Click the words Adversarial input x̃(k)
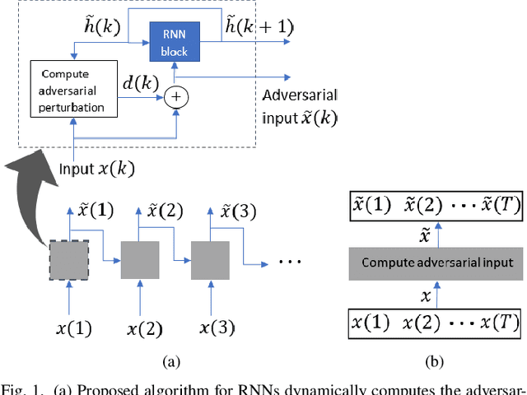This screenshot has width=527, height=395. click(300, 105)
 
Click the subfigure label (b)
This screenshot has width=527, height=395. click(433, 360)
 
